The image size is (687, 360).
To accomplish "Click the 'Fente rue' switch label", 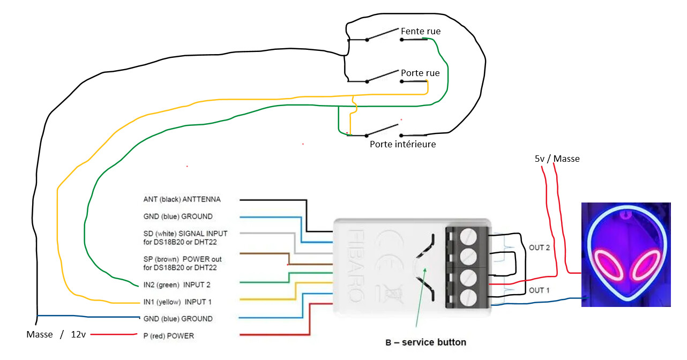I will click(421, 32).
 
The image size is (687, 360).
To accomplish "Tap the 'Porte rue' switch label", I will click(420, 73).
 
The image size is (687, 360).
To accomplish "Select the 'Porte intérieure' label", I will click(402, 144).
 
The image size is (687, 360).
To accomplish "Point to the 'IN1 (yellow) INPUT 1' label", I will click(177, 302).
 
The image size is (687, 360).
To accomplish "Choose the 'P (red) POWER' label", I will click(168, 336).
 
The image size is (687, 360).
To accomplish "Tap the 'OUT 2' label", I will click(540, 247).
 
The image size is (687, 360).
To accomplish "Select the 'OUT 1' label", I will click(540, 290).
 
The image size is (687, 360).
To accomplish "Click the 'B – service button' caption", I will click(425, 342).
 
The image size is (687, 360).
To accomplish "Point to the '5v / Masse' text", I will click(557, 159).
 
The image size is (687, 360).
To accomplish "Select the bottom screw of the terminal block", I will click(468, 297).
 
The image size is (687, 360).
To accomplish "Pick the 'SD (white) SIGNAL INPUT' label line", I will click(185, 234).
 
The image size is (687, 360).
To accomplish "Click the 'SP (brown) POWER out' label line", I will click(183, 259).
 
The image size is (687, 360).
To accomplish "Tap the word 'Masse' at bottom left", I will click(40, 334).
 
